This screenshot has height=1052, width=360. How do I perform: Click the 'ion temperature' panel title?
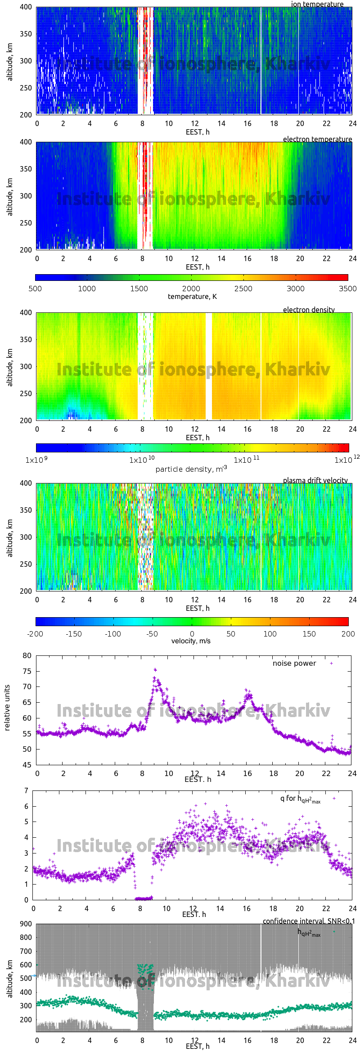pyautogui.click(x=317, y=4)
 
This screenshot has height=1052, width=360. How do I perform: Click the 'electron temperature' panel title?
pyautogui.click(x=317, y=139)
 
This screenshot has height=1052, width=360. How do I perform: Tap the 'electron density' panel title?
pyautogui.click(x=309, y=310)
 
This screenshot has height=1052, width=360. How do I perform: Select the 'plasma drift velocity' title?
pyautogui.click(x=315, y=480)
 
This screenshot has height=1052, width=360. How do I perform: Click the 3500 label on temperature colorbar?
pyautogui.click(x=347, y=289)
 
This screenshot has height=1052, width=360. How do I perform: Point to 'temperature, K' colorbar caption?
pyautogui.click(x=192, y=297)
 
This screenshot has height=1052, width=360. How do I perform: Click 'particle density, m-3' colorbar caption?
pyautogui.click(x=191, y=469)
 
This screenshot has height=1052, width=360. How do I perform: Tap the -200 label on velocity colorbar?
pyautogui.click(x=35, y=634)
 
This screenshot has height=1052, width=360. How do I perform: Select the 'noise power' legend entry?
pyautogui.click(x=294, y=664)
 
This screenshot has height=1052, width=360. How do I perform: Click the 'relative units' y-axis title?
pyautogui.click(x=7, y=708)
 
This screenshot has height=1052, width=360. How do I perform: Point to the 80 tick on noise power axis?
pyautogui.click(x=27, y=655)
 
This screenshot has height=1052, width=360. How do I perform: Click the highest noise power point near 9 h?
pyautogui.click(x=155, y=669)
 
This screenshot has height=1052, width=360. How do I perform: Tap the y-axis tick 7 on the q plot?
pyautogui.click(x=27, y=790)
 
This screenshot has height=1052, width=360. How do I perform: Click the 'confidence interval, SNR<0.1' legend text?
pyautogui.click(x=309, y=921)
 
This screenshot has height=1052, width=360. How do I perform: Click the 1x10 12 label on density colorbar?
pyautogui.click(x=346, y=460)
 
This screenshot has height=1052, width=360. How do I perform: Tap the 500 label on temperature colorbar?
pyautogui.click(x=35, y=289)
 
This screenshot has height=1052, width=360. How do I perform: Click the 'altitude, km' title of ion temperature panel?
pyautogui.click(x=10, y=62)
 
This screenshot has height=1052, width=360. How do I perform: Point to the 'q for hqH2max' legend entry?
pyautogui.click(x=300, y=799)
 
